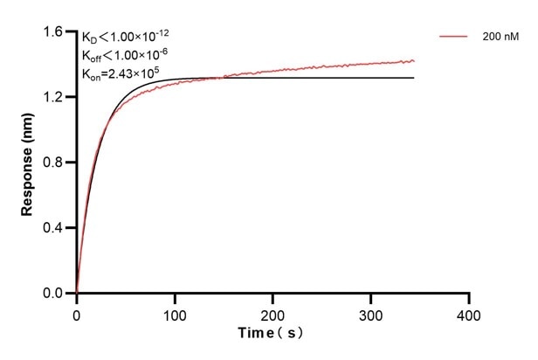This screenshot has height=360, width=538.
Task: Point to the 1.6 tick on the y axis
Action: pos(54,32)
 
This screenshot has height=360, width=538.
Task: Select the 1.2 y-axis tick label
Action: pos(54,98)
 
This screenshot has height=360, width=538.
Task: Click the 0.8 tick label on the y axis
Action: pos(54,163)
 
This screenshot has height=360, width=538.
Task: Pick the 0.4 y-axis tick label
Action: pos(54,228)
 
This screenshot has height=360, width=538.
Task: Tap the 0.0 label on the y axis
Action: pos(54,294)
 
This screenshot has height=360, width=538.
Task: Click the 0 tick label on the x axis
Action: pos(77,312)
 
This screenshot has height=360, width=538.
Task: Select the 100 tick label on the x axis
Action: pos(175,312)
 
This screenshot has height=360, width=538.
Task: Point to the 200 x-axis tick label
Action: pos(273,312)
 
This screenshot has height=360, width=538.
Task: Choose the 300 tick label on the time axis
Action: pos(371,312)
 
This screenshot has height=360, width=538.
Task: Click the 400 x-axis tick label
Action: pos(470,312)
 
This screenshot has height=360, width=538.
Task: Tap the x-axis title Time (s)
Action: pos(272,334)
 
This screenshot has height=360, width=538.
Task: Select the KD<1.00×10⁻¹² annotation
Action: pos(125,37)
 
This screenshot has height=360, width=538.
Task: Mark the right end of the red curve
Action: pos(414,61)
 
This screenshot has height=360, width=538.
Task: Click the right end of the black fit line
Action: pos(414,78)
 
